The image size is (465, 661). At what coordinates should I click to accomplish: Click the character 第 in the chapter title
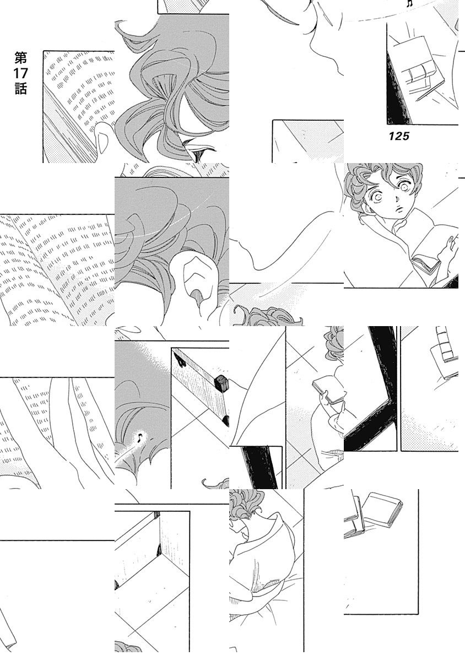21,58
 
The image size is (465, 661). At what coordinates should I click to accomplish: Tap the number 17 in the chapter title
20,73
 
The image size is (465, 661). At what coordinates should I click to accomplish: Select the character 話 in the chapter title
21,89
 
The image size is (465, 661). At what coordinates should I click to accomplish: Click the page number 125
399,136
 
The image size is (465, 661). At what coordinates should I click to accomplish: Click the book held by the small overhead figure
328,389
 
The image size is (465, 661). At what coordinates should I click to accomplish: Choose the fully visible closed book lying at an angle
383,510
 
